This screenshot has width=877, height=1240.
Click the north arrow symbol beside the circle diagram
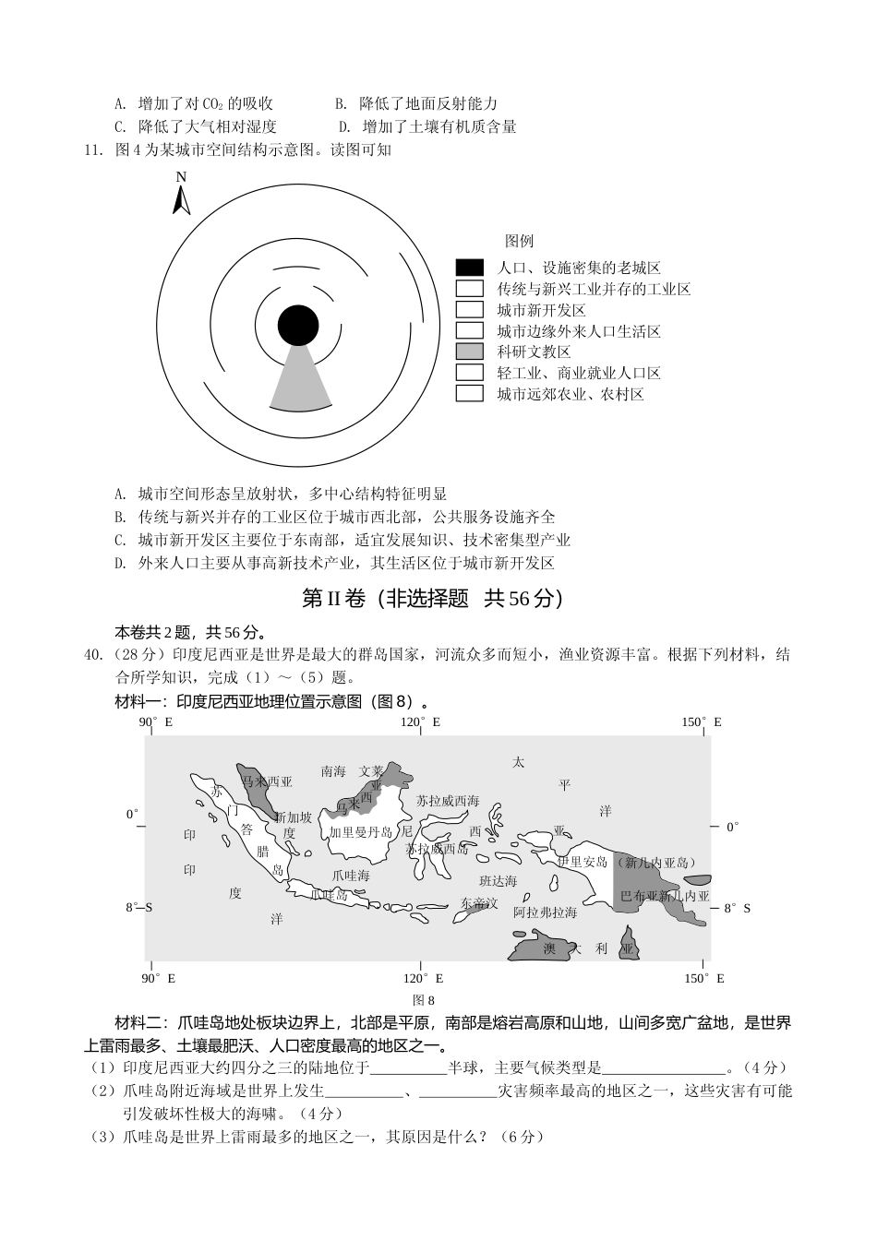pos(182,195)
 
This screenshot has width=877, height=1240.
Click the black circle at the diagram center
pos(298,327)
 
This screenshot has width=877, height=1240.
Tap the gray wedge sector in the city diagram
pos(300,381)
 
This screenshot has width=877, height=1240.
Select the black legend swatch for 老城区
pos(469,268)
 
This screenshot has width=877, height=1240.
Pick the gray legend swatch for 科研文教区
pos(469,352)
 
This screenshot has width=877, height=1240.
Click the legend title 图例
pos(519,241)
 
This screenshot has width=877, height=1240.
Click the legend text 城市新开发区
pos(541,310)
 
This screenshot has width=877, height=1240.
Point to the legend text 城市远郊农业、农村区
pos(570,394)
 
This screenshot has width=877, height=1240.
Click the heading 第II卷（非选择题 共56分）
pos(432,599)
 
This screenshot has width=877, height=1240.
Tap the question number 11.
pos(92,149)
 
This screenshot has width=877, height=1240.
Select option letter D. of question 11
pos(120,563)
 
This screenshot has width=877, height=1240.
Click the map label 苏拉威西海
pos(448,801)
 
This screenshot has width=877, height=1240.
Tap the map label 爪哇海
pos(351,875)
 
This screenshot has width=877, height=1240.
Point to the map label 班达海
pos(499,882)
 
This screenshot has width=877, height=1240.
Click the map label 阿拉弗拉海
pos(545,912)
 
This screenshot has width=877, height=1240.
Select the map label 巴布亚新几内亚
pos(665,896)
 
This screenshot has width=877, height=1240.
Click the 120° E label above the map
pos(420,721)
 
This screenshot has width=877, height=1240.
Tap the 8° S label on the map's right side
pos(736,908)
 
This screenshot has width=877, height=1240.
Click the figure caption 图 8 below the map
pos(424,1000)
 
